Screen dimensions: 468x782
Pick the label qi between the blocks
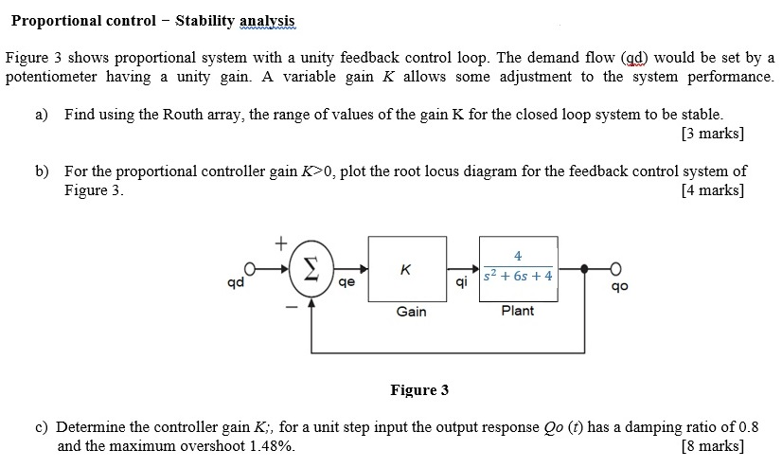pos(461,283)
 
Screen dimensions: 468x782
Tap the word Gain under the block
pos(411,312)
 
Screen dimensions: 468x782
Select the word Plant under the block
pos(518,311)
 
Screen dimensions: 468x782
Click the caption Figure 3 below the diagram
pos(419,389)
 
